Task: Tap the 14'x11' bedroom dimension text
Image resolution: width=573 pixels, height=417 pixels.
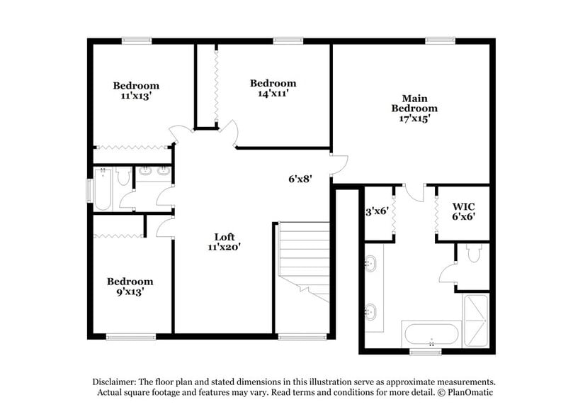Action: click(x=273, y=93)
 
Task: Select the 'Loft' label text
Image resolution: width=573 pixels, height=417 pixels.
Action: click(x=225, y=237)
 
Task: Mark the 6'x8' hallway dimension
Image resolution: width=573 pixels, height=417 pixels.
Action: click(x=300, y=179)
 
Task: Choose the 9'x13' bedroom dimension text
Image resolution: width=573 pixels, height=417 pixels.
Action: click(x=130, y=291)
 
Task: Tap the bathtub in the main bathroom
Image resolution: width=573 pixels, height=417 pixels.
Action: click(x=431, y=335)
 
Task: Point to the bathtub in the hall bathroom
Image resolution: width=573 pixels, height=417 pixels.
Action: click(x=103, y=190)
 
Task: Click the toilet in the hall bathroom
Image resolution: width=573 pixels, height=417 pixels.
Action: click(x=123, y=177)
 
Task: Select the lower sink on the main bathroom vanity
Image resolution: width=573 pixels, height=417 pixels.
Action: click(x=370, y=311)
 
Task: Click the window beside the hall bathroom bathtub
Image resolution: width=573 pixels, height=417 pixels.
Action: click(x=89, y=190)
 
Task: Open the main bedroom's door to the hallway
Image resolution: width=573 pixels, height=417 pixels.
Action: click(x=339, y=165)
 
